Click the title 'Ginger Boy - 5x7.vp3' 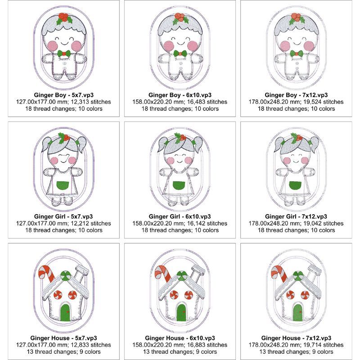(x=64, y=95)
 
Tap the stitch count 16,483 (x=197, y=102)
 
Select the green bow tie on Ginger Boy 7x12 (x=297, y=54)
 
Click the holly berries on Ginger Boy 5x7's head (x=63, y=17)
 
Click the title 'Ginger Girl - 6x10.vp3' (x=180, y=216)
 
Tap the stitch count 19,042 (x=313, y=223)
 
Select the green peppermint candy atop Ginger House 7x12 (x=298, y=275)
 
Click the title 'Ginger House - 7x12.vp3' (x=296, y=338)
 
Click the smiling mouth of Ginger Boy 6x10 (x=181, y=43)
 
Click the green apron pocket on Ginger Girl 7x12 (x=295, y=185)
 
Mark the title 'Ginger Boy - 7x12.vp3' (x=296, y=95)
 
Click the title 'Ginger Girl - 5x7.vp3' (x=63, y=216)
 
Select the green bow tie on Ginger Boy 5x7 (x=64, y=54)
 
